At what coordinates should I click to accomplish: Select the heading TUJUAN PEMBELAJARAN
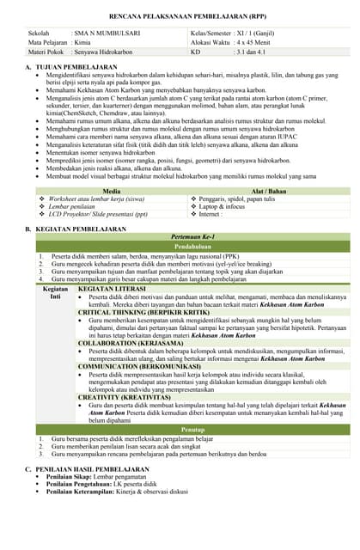pyautogui.click(x=76, y=66)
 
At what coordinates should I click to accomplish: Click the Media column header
pyautogui.click(x=112, y=191)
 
